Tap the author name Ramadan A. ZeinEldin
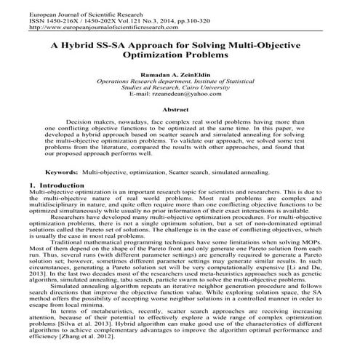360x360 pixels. click(x=180, y=75)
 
